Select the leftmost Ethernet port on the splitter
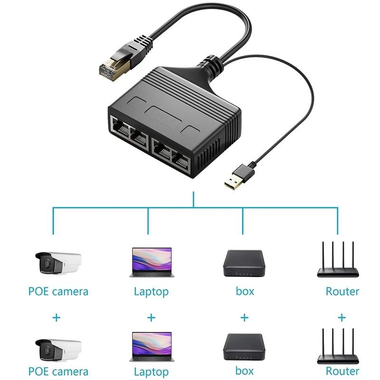pos(119,129)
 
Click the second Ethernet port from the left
pos(140,138)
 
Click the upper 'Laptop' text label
pos(151,291)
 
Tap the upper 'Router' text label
pos(342,291)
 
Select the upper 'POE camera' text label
pos(58,291)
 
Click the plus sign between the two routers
pos(342,317)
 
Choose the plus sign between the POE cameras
pos(57,317)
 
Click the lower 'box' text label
pos(245,371)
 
